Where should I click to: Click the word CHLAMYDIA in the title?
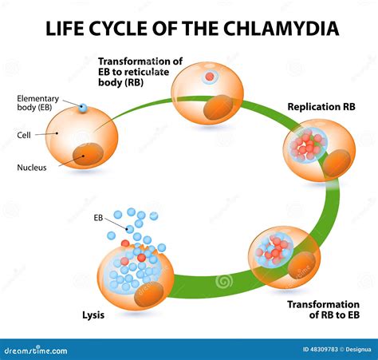point(282,30)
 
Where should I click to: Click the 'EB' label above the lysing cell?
point(99,216)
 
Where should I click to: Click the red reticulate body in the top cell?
point(209,77)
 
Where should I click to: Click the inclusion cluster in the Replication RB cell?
point(306,146)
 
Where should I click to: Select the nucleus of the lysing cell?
point(149,293)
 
